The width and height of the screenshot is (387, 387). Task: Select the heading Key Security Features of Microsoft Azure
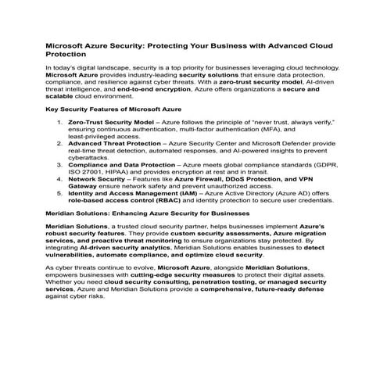[113, 109]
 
